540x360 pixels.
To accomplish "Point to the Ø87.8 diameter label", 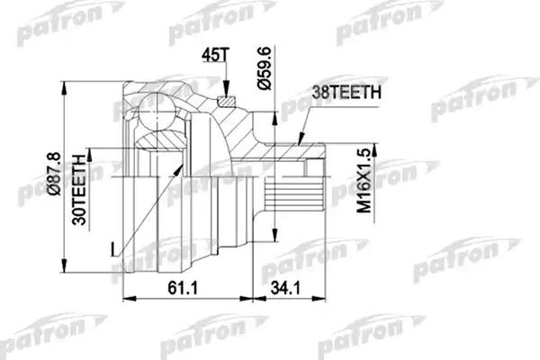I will click(x=52, y=176).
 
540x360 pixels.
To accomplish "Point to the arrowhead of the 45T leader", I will click(x=229, y=93).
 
